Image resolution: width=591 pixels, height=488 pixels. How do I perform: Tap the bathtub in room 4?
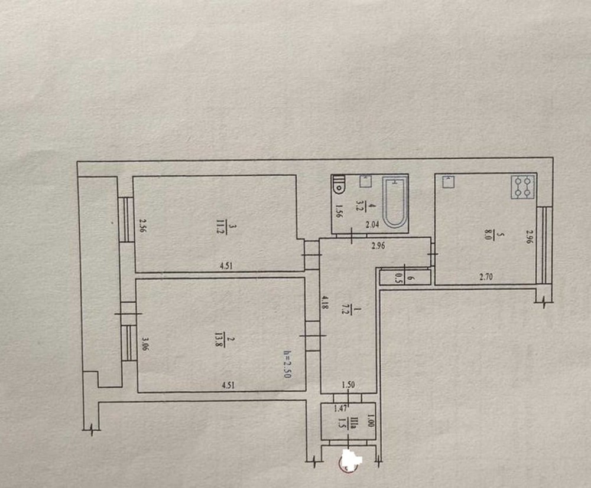point(395,203)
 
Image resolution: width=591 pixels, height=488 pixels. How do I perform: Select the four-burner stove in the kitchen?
point(523,188)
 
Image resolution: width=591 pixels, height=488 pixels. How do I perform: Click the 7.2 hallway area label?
point(349,311)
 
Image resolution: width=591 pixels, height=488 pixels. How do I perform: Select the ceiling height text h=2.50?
point(287,364)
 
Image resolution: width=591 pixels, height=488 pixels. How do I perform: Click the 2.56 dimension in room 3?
point(142,226)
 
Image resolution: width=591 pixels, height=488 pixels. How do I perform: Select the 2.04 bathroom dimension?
point(373,225)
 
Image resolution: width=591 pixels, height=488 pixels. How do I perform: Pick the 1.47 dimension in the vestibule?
point(341,407)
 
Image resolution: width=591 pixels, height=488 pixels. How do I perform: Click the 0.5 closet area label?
point(397,279)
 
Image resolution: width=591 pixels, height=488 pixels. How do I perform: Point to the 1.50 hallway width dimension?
point(348,385)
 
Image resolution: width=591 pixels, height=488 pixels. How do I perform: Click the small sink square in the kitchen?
point(449,181)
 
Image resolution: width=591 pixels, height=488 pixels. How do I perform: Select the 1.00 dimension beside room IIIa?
point(370,421)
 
